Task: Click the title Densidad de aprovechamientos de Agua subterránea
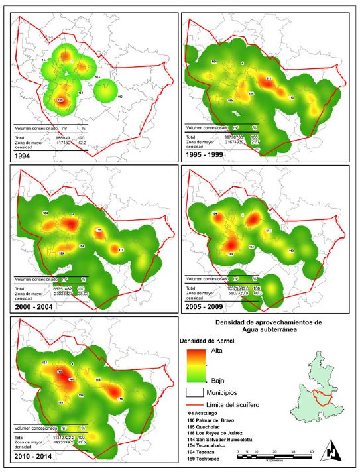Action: [268, 325]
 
